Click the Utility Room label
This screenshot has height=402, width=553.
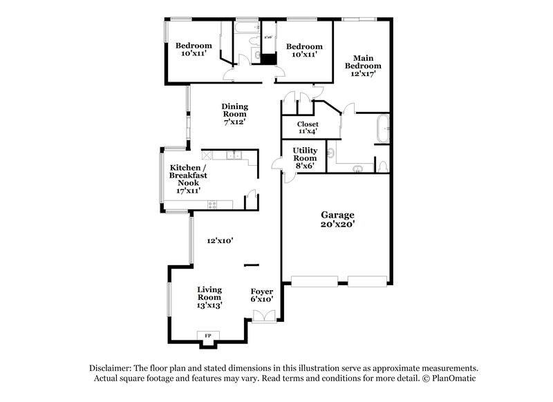coord(305,157)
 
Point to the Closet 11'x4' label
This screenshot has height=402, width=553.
coord(308,128)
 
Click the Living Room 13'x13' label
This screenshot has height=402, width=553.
coord(209,297)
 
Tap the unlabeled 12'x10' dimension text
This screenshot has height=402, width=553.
coord(220,241)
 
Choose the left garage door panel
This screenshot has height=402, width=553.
coord(315,280)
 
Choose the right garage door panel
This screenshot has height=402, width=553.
coord(367,280)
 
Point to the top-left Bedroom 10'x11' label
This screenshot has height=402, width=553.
coord(188,50)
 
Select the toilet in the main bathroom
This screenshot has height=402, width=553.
coord(383,166)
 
